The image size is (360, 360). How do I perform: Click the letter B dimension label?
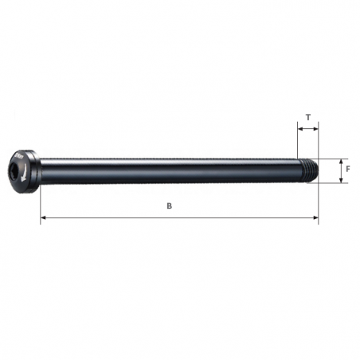(169, 205)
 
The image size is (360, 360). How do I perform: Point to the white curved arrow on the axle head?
(29, 169)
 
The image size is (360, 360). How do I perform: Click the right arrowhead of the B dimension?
(315, 217)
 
